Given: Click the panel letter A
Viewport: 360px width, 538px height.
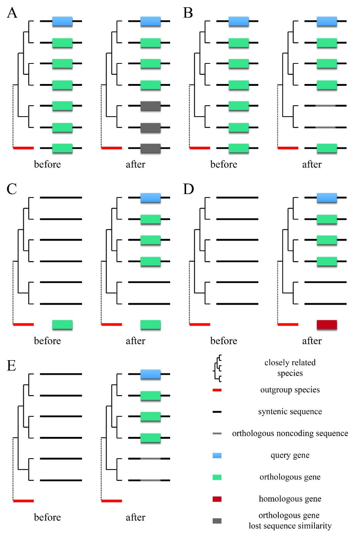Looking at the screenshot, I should (x=12, y=13).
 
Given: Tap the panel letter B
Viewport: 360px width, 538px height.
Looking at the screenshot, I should (x=188, y=13).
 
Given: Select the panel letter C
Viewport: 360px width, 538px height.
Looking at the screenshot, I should (x=12, y=189).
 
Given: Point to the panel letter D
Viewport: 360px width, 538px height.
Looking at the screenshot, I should (x=188, y=189).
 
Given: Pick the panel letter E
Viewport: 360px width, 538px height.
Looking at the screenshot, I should (x=11, y=366).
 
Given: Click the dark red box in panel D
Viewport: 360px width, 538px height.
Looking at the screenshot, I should (x=327, y=324).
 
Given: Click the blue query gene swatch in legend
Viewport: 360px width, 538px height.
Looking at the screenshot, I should (x=217, y=455).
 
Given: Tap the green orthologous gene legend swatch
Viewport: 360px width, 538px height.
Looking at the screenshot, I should (x=217, y=477).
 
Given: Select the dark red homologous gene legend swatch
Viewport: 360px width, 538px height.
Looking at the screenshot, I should (x=217, y=499).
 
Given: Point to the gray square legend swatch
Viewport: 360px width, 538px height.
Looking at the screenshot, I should (x=217, y=521).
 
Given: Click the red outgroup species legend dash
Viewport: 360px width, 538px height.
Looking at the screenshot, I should (x=217, y=390).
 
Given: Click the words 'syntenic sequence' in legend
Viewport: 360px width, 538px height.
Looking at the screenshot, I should (x=290, y=411).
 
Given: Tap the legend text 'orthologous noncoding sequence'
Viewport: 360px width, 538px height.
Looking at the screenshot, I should (x=290, y=433).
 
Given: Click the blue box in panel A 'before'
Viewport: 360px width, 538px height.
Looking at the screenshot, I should (x=62, y=21).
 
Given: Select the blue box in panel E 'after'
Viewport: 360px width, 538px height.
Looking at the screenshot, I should (x=150, y=374).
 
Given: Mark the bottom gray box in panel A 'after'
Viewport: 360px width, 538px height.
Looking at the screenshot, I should (x=150, y=148).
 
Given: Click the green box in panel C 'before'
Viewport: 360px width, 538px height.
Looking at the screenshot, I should (x=62, y=324).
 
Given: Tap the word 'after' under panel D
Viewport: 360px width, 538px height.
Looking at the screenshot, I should (x=312, y=341).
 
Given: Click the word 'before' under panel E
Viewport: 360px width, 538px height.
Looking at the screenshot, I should (x=47, y=517).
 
